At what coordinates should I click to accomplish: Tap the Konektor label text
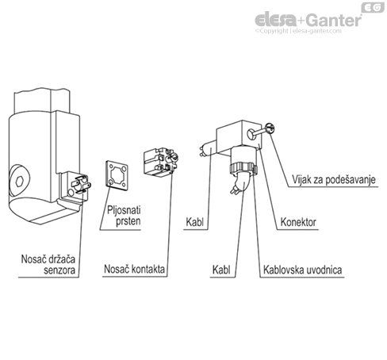point(299,222)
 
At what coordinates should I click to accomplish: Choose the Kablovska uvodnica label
point(302,270)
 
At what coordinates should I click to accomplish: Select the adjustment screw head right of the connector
point(271,127)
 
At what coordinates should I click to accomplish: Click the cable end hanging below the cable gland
point(237,189)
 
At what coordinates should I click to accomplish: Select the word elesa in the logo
point(274,20)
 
